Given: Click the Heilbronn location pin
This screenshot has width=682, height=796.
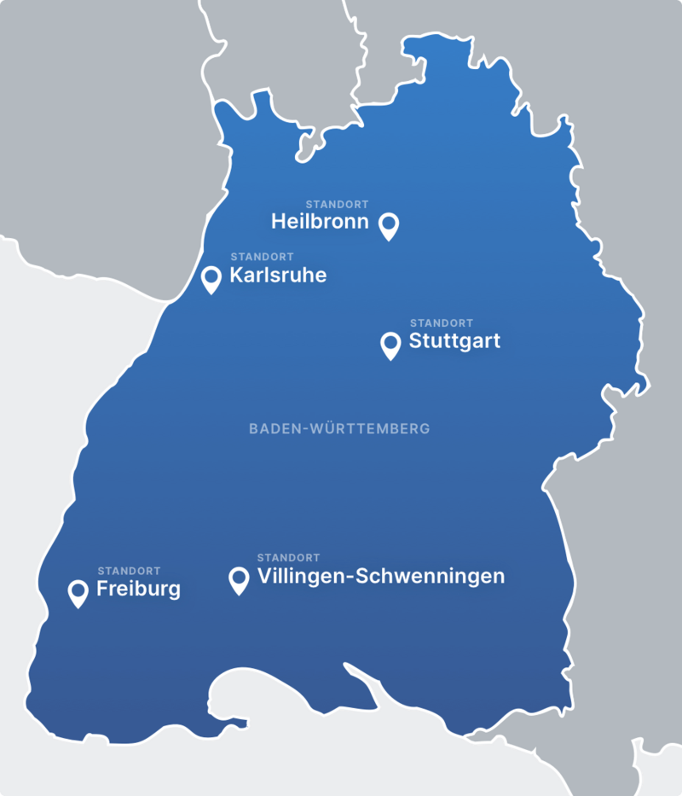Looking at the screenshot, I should click(x=389, y=224).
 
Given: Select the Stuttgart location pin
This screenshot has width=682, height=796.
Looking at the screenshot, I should click(x=390, y=344).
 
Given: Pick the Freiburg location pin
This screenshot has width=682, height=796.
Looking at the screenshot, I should click(x=78, y=591).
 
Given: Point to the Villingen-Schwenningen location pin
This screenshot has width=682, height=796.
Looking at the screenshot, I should click(x=239, y=579).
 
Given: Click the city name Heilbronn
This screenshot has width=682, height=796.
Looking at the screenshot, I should click(x=320, y=222).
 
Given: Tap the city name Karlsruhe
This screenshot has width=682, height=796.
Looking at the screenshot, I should click(x=278, y=276).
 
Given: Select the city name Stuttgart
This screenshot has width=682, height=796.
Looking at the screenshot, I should click(x=454, y=341).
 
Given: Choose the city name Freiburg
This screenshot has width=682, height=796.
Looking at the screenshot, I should click(x=138, y=589).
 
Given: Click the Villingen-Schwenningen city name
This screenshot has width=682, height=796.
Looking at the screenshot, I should click(x=380, y=577).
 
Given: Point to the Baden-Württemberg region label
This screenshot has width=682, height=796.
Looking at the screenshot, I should click(x=339, y=428).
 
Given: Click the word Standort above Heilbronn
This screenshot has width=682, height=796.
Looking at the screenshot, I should click(x=337, y=205).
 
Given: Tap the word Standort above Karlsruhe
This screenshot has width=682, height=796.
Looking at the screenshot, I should click(x=262, y=257).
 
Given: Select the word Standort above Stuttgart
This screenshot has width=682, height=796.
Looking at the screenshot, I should click(x=442, y=323).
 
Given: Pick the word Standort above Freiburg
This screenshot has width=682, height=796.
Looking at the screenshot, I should click(x=129, y=571).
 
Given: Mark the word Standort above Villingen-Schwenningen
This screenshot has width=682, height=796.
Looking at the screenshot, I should click(x=289, y=558).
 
